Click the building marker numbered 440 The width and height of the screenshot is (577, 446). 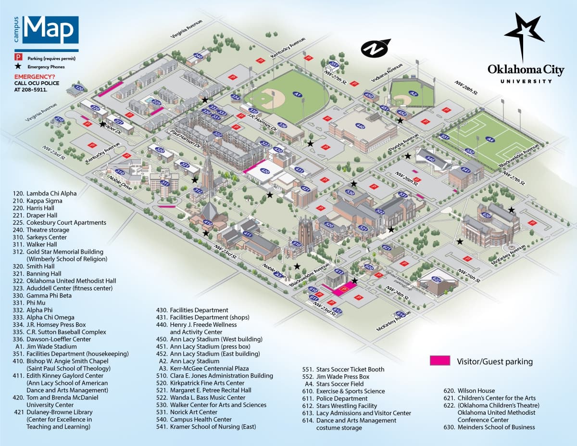pyautogui.click(x=360, y=126)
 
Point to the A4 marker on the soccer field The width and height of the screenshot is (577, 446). pyautogui.click(x=490, y=140)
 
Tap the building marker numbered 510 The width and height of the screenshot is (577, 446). pyautogui.click(x=297, y=244)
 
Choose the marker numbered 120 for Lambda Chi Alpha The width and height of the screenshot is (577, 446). pyautogui.click(x=79, y=89)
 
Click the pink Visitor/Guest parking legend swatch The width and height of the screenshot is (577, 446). pyautogui.click(x=440, y=361)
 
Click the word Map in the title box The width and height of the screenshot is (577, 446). pyautogui.click(x=50, y=30)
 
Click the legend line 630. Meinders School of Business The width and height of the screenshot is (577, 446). pyautogui.click(x=489, y=427)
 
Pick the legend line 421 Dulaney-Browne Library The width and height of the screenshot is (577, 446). pyautogui.click(x=53, y=412)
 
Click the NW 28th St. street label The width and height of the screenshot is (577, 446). pyautogui.click(x=467, y=89)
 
